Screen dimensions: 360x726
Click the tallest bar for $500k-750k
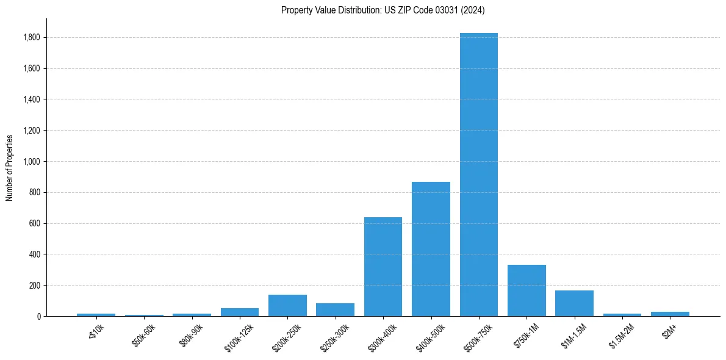pyautogui.click(x=479, y=175)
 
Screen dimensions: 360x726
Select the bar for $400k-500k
pyautogui.click(x=431, y=249)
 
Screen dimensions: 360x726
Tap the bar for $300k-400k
pyautogui.click(x=383, y=267)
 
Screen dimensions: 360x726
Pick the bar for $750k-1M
pyautogui.click(x=527, y=290)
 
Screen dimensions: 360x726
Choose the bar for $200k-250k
pyautogui.click(x=287, y=306)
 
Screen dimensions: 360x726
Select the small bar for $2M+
pyautogui.click(x=670, y=314)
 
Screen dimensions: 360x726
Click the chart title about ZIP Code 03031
pyautogui.click(x=383, y=10)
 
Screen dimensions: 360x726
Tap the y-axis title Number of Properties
pyautogui.click(x=10, y=167)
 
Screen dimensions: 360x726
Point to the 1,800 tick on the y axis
pyautogui.click(x=32, y=37)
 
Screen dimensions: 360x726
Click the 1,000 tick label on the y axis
pyautogui.click(x=32, y=162)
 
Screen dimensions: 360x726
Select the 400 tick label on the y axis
pyautogui.click(x=35, y=254)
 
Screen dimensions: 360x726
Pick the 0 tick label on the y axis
pyautogui.click(x=38, y=317)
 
